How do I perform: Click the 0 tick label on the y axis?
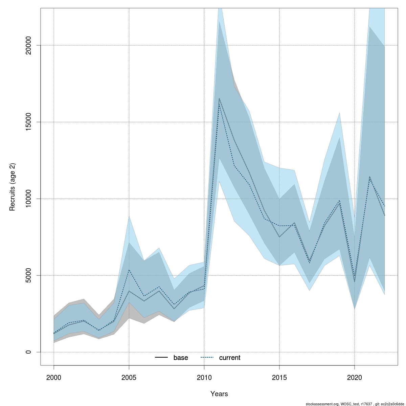tap(28, 352)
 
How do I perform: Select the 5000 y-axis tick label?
tap(28, 275)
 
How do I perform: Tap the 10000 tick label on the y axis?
tap(28, 199)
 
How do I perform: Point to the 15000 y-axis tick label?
tap(28, 122)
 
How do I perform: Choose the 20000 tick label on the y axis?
tap(28, 45)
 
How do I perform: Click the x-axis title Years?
tap(219, 394)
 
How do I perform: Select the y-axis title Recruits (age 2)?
tap(13, 187)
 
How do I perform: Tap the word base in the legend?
tap(181, 358)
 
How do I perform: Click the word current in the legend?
tap(230, 358)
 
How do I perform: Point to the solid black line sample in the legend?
tap(161, 358)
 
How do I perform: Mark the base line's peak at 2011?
tap(219, 98)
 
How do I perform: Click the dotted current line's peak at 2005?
tap(129, 270)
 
